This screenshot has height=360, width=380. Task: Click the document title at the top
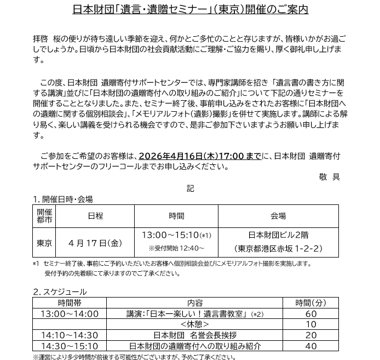tap(190, 9)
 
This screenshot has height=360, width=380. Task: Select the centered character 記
tap(190, 188)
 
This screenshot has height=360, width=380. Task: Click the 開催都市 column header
tap(44, 216)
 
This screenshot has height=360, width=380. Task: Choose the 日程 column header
tap(95, 216)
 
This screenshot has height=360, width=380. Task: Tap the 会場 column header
tap(278, 216)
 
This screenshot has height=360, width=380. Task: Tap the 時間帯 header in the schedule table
tap(69, 302)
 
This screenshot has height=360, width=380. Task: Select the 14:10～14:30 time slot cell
tap(69, 335)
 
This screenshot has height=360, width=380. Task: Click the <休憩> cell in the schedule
tap(194, 324)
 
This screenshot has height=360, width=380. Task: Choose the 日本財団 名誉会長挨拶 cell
tap(194, 335)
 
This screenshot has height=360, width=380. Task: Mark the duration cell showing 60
tap(310, 314)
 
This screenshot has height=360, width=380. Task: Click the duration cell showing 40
tap(310, 346)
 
